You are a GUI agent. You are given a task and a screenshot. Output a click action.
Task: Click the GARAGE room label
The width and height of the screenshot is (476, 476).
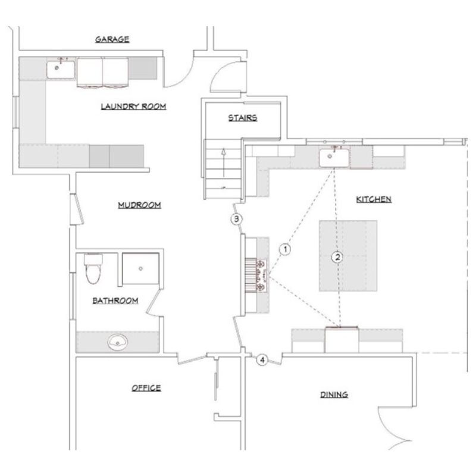[x=112, y=39]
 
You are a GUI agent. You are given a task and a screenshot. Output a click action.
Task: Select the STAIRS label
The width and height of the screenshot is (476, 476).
[x=243, y=117]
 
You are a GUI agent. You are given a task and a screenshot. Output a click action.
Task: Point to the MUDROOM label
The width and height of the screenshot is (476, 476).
[x=140, y=205]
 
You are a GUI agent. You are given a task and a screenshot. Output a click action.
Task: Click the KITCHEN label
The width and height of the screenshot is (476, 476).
[x=374, y=199]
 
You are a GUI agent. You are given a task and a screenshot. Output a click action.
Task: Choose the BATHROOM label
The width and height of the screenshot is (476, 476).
[x=115, y=301]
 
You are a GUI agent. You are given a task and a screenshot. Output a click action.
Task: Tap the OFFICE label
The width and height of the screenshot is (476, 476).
[x=146, y=388]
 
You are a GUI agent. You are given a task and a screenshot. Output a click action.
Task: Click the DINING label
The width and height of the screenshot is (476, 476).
[x=333, y=394]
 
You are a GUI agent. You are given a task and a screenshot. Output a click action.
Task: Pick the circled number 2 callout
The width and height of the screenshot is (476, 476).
[x=337, y=257]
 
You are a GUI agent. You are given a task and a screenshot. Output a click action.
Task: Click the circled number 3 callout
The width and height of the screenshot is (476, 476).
[x=237, y=219]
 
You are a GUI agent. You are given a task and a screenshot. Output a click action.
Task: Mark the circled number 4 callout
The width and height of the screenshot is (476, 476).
[x=262, y=359]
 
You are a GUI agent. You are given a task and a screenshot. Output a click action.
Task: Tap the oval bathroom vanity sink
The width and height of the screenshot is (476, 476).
[x=118, y=342]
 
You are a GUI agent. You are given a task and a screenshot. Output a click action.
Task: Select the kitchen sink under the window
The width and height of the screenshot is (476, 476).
[x=334, y=158]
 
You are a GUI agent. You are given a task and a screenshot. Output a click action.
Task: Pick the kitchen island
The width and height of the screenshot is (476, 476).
[x=347, y=256]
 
